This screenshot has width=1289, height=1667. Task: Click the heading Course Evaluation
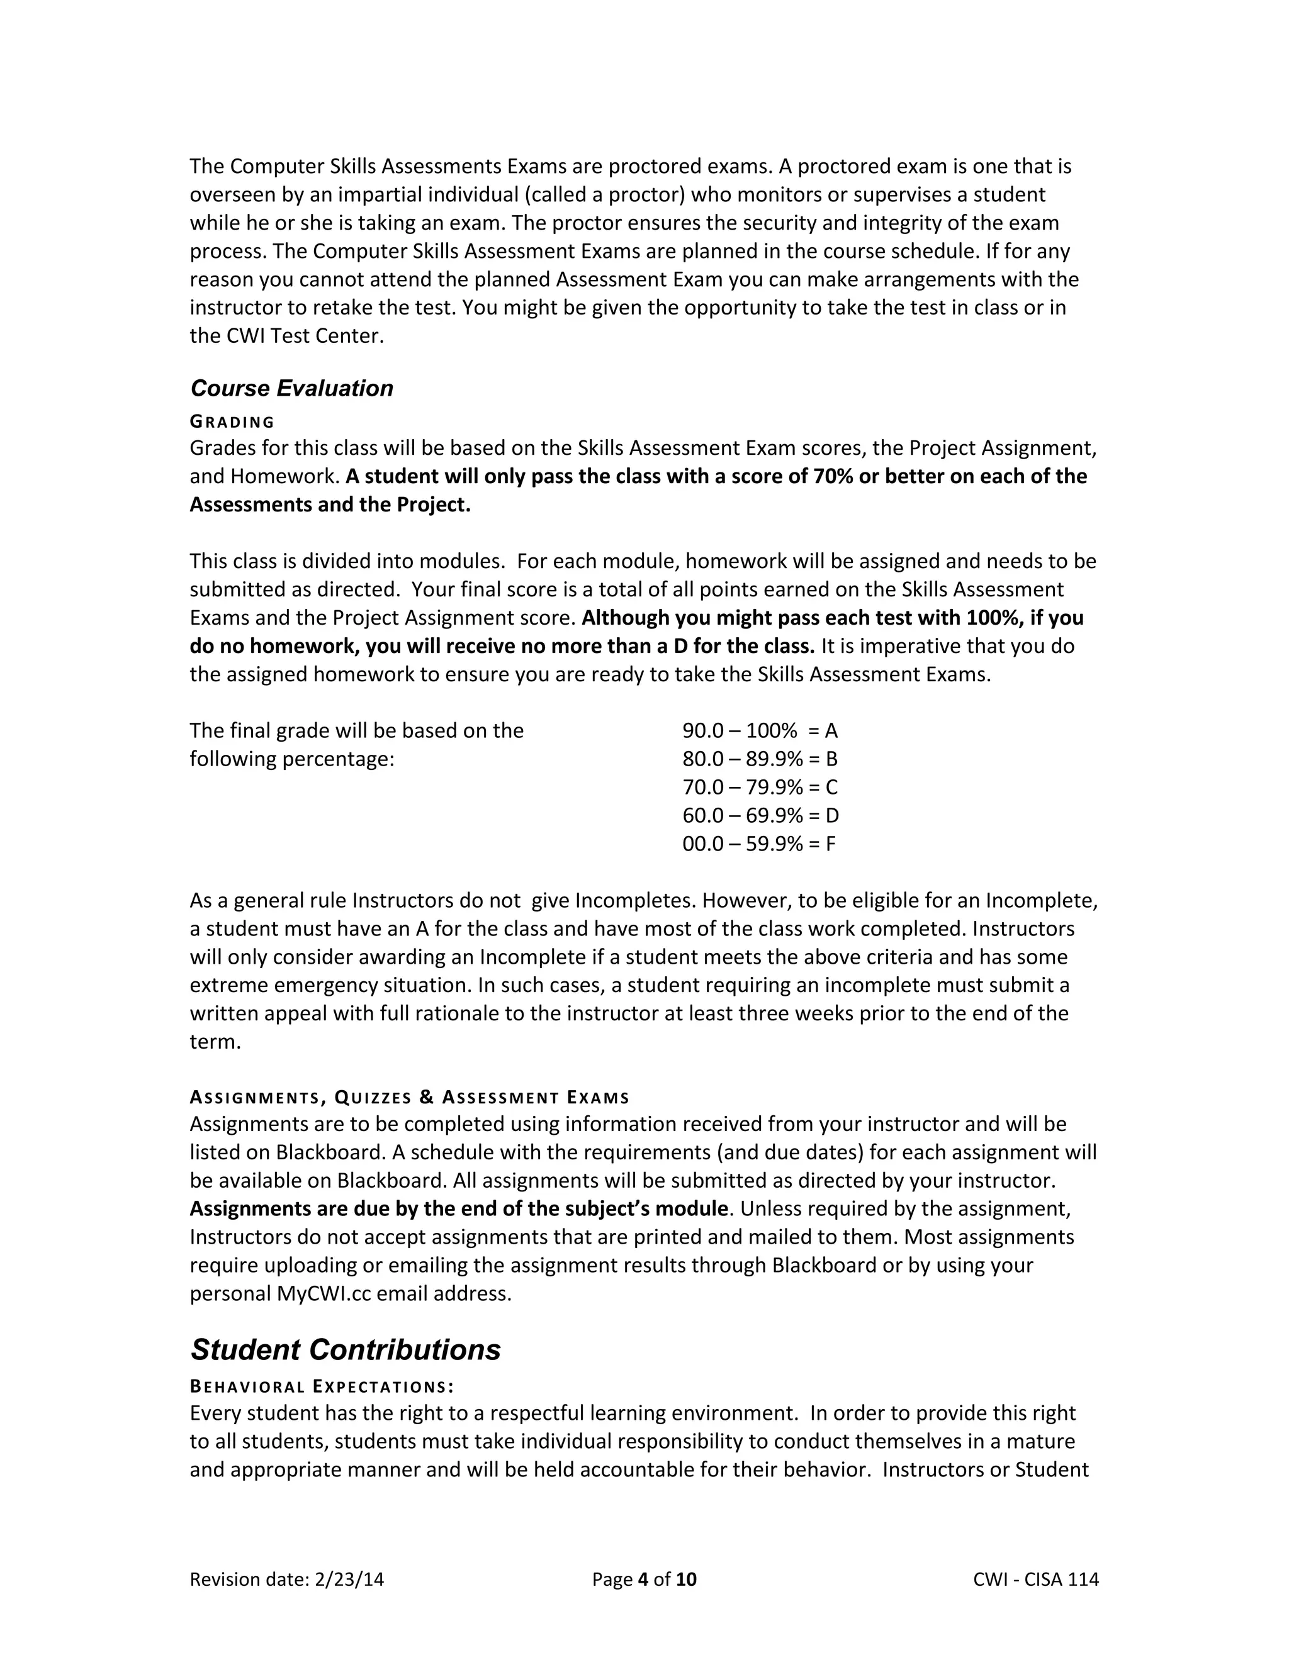[x=291, y=389]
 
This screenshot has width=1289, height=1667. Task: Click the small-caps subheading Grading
[x=232, y=422]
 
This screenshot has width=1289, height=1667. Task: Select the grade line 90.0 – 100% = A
[x=759, y=731]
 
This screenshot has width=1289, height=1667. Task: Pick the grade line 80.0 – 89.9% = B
[x=759, y=759]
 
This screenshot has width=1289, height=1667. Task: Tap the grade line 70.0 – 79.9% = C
[x=759, y=788]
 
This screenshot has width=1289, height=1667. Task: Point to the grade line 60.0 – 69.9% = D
[x=760, y=816]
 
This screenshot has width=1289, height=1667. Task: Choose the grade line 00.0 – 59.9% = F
[x=758, y=844]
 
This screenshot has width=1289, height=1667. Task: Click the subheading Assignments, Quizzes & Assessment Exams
[x=409, y=1098]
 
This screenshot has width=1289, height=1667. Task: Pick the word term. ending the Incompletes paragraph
[x=215, y=1042]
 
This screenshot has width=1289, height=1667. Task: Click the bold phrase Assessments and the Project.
[x=330, y=505]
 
